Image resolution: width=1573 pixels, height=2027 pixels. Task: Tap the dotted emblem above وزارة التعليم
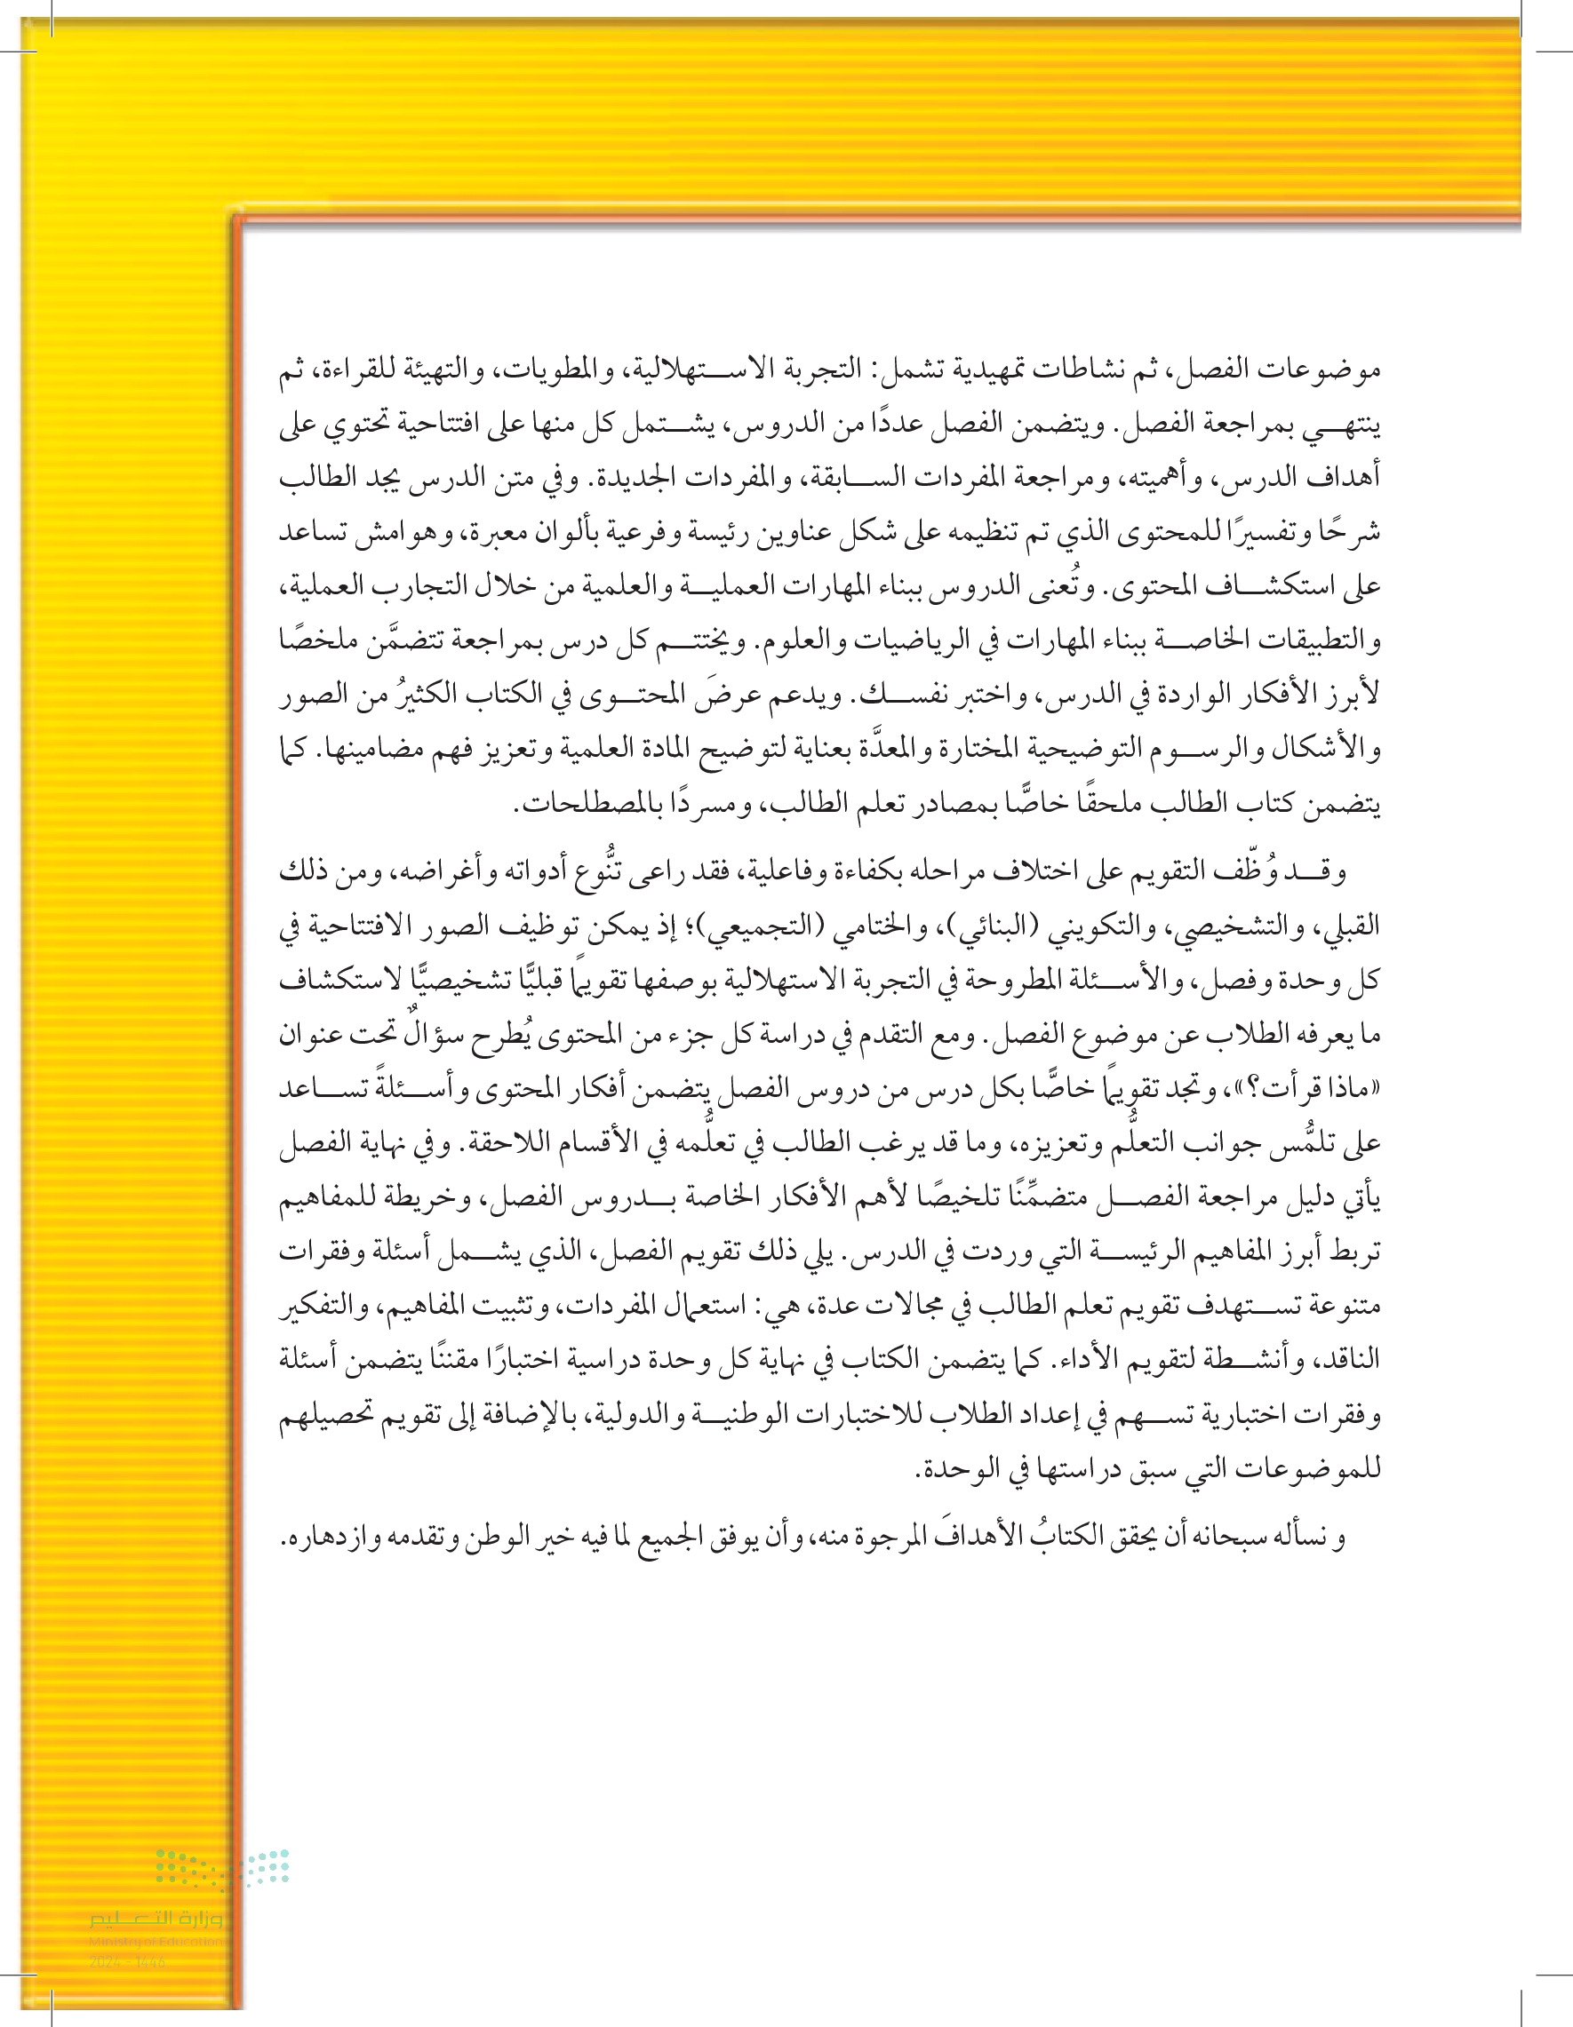[223, 1867]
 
